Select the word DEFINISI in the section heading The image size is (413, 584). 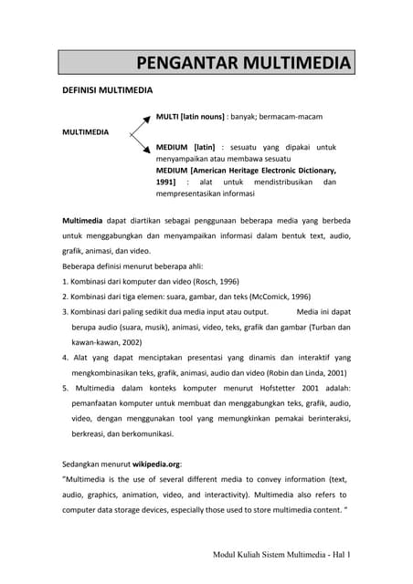pyautogui.click(x=80, y=92)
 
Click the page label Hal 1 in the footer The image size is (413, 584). pyautogui.click(x=339, y=554)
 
